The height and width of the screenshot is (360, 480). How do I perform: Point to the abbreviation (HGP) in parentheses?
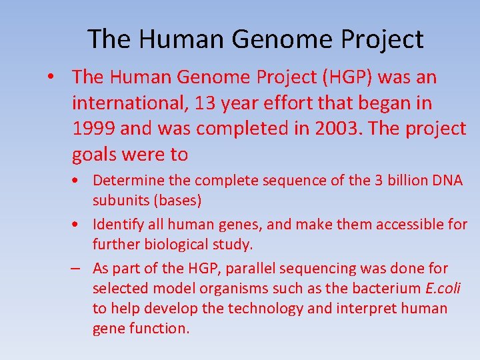click(347, 77)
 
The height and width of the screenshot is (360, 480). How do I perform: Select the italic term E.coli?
click(443, 289)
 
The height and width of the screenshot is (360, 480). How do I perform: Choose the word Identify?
click(117, 225)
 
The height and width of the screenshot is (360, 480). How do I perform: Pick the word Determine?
click(124, 181)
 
